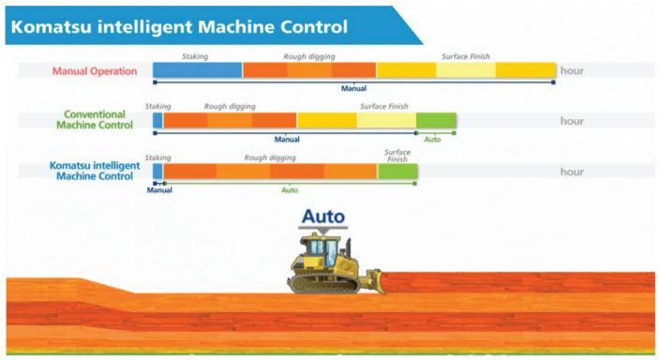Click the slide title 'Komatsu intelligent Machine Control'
(x=177, y=24)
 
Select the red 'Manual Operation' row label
(x=95, y=71)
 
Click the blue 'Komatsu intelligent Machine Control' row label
(x=94, y=171)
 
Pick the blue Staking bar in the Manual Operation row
(x=197, y=70)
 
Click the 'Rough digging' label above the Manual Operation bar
(x=308, y=56)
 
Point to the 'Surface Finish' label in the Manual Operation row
(x=466, y=56)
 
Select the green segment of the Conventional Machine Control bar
(x=436, y=120)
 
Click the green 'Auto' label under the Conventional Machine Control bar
(x=432, y=139)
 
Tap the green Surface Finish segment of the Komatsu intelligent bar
(x=397, y=172)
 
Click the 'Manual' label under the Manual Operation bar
(x=353, y=88)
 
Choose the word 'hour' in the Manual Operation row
(x=572, y=71)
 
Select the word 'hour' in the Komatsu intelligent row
(x=572, y=172)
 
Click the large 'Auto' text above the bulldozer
(x=322, y=217)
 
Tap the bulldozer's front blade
(x=374, y=280)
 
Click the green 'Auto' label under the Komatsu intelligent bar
(x=290, y=190)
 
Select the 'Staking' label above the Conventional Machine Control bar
(x=157, y=106)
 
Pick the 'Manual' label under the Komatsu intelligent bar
(x=159, y=190)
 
